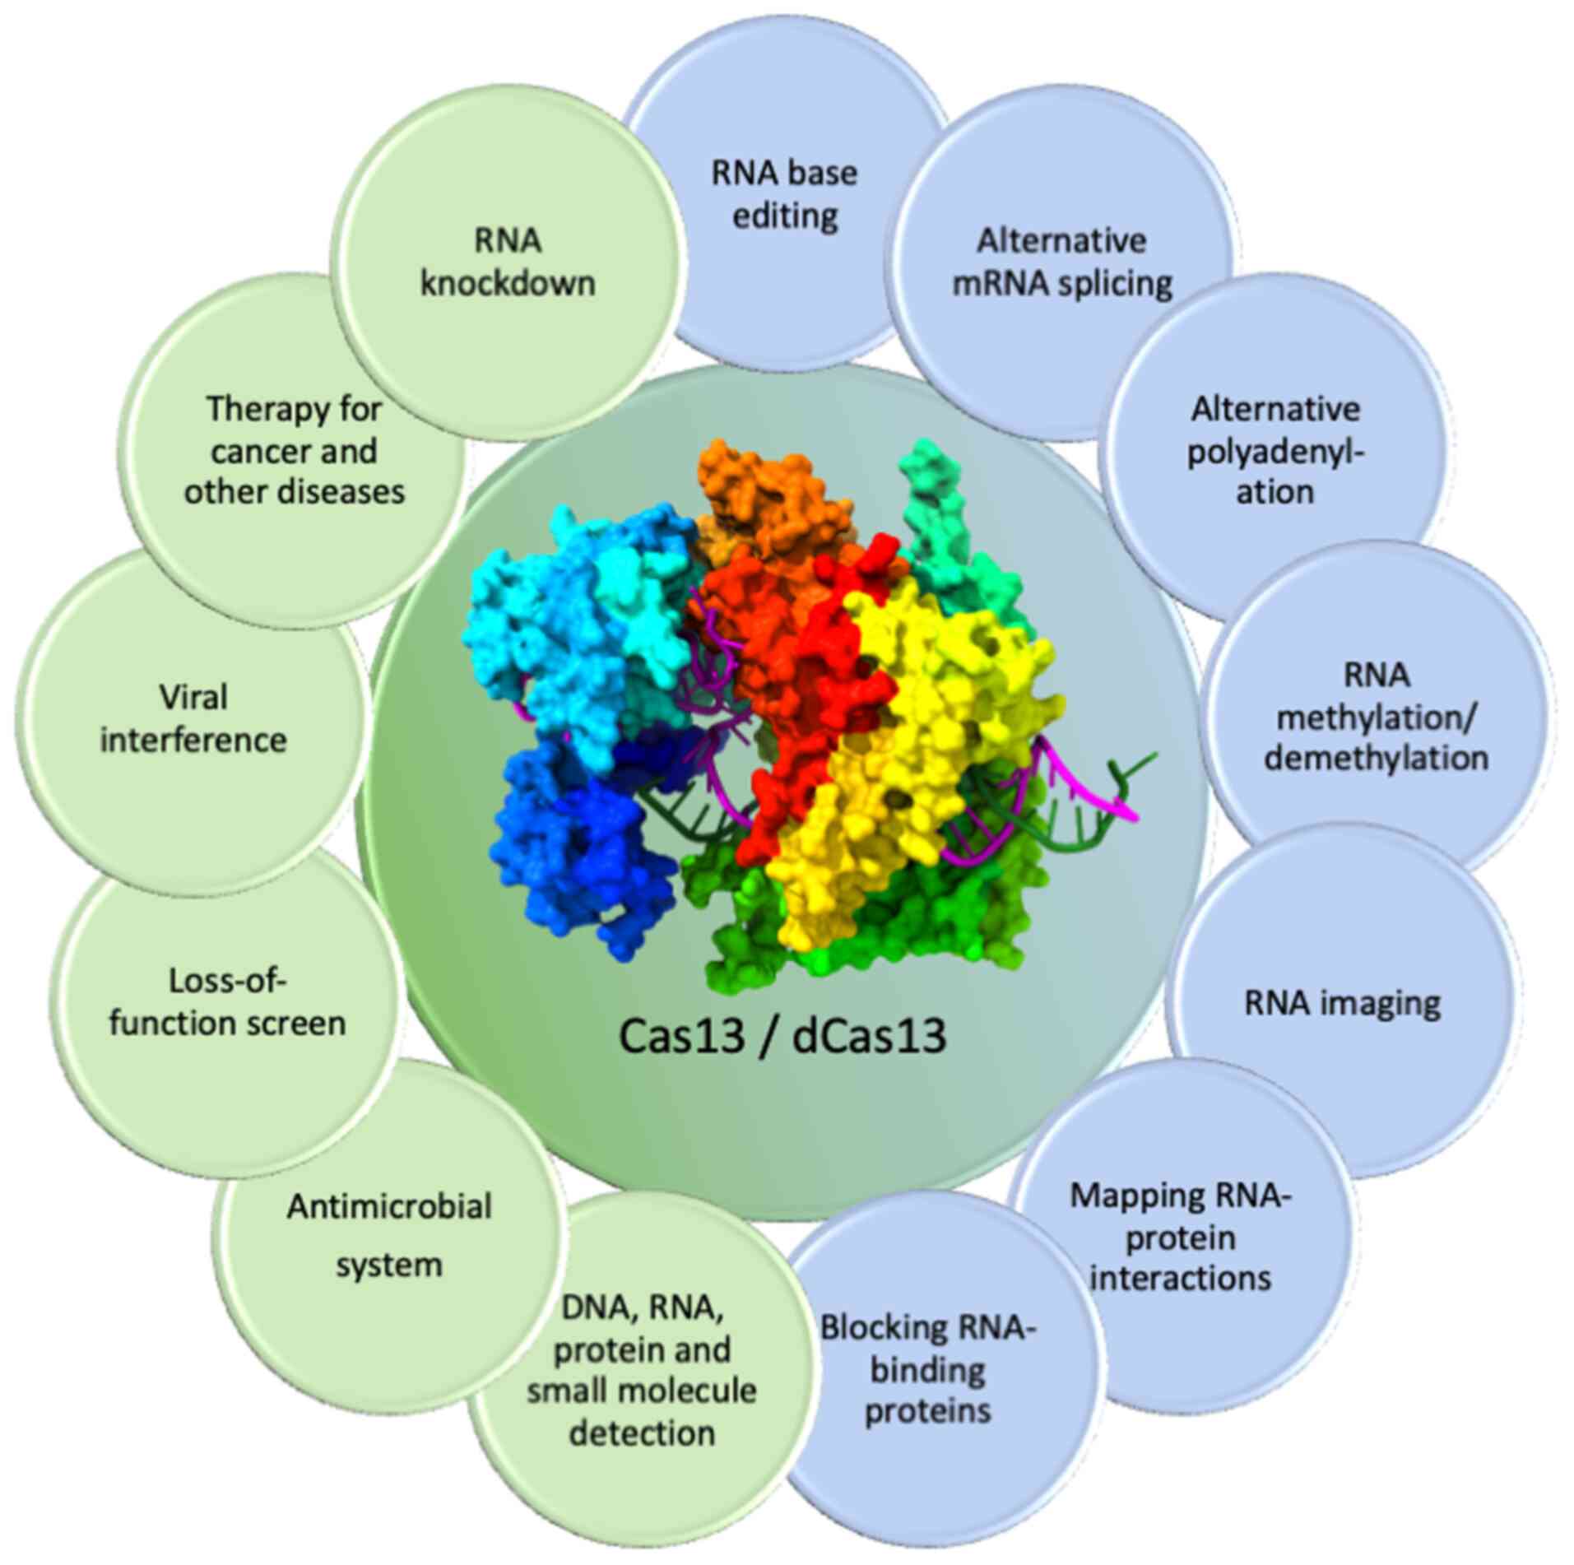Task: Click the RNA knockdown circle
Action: (508, 263)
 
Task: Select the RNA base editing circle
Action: (784, 195)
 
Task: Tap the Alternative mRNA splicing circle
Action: (1061, 263)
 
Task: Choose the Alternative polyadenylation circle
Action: (1275, 451)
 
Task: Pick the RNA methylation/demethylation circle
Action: (1376, 716)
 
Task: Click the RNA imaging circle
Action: (1342, 1003)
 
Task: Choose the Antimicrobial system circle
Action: (388, 1234)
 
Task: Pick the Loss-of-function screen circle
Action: (227, 1002)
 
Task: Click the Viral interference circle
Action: (193, 718)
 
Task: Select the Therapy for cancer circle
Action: (294, 450)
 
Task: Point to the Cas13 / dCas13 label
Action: (782, 1036)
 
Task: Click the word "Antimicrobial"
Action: (388, 1207)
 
